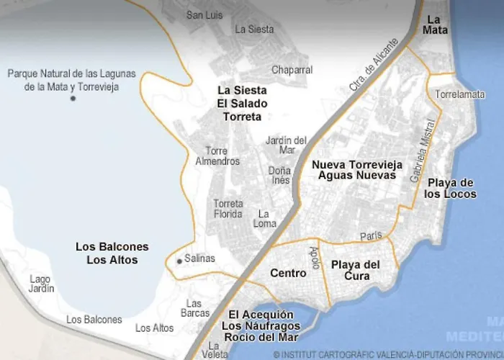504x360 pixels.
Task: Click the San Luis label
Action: click(x=204, y=15)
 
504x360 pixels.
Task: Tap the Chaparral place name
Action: click(x=292, y=70)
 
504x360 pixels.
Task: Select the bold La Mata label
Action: click(x=435, y=24)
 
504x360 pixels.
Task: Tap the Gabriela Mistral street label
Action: click(x=420, y=159)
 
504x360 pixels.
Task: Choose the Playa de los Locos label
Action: click(x=450, y=188)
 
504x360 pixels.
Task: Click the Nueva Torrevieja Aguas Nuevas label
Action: click(x=354, y=170)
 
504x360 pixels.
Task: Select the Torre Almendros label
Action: click(x=217, y=156)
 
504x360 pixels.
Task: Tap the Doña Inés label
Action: click(x=279, y=175)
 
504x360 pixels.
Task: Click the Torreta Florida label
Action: click(x=228, y=209)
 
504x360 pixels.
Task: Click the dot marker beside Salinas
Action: click(x=179, y=261)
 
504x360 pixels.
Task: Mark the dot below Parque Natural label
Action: click(x=73, y=99)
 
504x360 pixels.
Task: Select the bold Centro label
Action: click(x=288, y=274)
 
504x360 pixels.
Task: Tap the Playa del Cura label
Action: click(x=355, y=271)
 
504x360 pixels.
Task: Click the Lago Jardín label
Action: click(x=42, y=284)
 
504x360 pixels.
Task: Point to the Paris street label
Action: click(x=371, y=235)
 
